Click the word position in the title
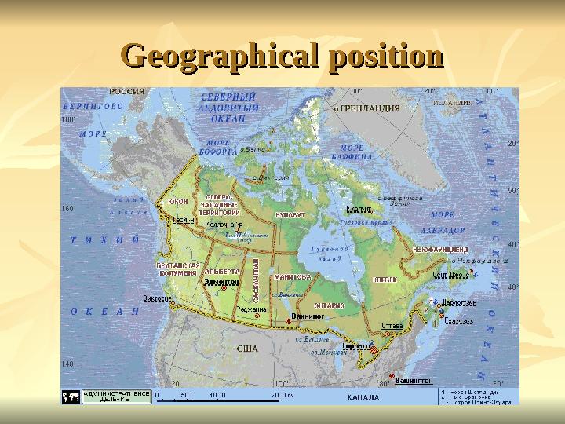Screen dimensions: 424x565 pos(385,57)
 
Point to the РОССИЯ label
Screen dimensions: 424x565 pos(126,92)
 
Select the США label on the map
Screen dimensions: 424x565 pos(247,348)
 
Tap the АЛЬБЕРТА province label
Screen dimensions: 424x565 pos(222,271)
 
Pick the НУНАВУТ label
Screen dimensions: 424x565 pos(290,213)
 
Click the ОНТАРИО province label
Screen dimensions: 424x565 pos(330,305)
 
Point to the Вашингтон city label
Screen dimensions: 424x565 pos(414,380)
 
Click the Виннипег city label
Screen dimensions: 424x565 pos(308,316)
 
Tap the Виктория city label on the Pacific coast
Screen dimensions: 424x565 pos(156,298)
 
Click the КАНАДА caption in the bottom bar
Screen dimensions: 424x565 pos(364,397)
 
